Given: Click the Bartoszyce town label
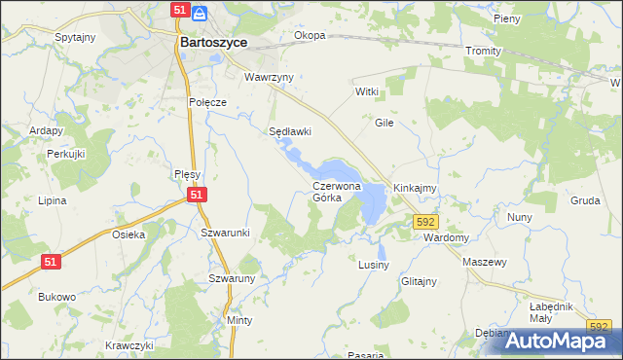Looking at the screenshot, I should pos(213,43).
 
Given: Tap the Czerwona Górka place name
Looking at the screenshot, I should pos(337,191).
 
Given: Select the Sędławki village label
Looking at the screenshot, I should pos(289,131).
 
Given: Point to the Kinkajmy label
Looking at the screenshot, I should pos(414,187).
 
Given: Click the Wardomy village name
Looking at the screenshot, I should pos(448,237).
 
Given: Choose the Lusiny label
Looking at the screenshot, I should pos(374,265).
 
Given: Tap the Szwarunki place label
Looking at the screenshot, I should pos(225,233).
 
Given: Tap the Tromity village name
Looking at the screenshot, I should pos(483,51).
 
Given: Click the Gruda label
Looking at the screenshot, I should pos(585,200).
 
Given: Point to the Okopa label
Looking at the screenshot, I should pos(310,36).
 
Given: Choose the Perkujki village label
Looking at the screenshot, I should pos(67,154).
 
